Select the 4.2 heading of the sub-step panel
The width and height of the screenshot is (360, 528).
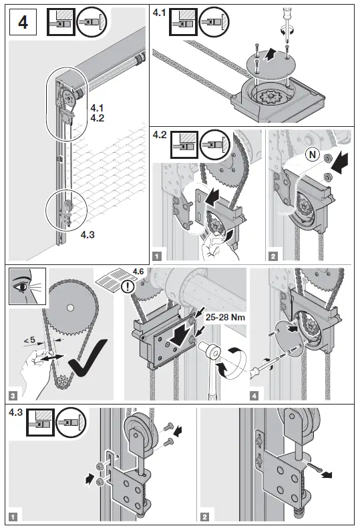tap(160, 135)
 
